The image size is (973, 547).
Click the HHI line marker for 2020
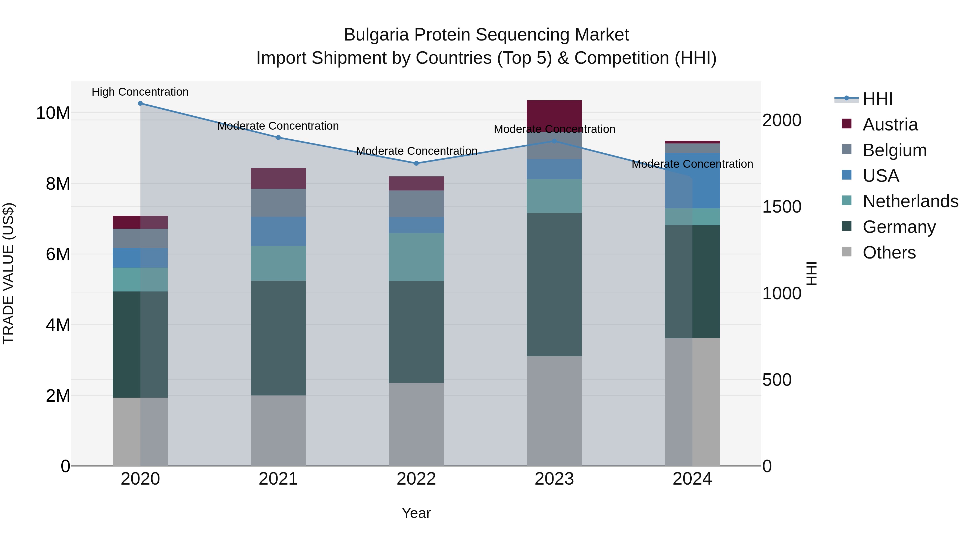tap(140, 103)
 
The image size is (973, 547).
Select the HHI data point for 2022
tap(416, 163)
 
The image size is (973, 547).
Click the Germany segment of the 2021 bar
tap(278, 338)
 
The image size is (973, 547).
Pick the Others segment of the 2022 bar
tap(416, 424)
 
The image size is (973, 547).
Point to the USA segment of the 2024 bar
tap(692, 180)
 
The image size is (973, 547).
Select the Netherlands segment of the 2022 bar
tap(416, 257)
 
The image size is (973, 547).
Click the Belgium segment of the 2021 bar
tap(278, 202)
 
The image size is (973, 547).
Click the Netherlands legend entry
tap(910, 201)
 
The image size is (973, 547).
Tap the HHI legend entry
tap(877, 99)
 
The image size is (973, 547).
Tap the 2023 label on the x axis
tap(554, 479)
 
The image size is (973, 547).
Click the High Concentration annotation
tap(140, 92)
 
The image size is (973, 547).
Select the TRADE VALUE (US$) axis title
tap(8, 273)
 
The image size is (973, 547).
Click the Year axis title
tap(416, 513)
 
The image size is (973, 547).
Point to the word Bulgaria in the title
tap(376, 35)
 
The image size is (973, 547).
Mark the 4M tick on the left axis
tap(58, 325)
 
